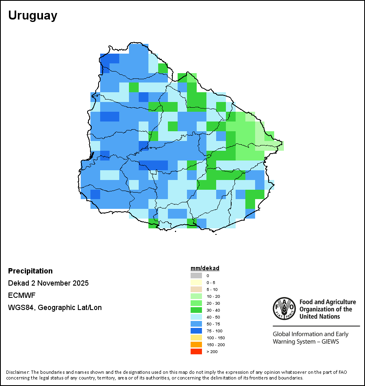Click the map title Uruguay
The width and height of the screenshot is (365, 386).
click(33, 15)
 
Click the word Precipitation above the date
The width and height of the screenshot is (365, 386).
click(30, 271)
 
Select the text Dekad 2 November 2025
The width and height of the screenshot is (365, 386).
click(48, 283)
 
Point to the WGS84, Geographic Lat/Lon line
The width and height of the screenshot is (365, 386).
click(55, 308)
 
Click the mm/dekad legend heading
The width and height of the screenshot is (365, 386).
click(205, 268)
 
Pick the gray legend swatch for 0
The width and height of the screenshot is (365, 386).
click(196, 275)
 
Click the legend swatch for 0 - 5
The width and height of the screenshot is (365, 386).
click(196, 282)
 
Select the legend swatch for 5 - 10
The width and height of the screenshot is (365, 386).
click(196, 289)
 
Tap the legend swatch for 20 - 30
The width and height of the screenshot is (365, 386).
click(196, 303)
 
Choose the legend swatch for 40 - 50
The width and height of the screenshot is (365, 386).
click(196, 317)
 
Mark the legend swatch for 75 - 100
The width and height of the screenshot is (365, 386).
click(196, 331)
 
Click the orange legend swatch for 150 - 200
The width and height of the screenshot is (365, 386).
click(196, 345)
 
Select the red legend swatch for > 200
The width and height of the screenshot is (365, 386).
click(196, 351)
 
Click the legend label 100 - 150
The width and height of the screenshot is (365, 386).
click(215, 338)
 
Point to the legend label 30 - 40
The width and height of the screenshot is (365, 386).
click(213, 310)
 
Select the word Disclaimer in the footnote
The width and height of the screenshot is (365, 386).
click(17, 372)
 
